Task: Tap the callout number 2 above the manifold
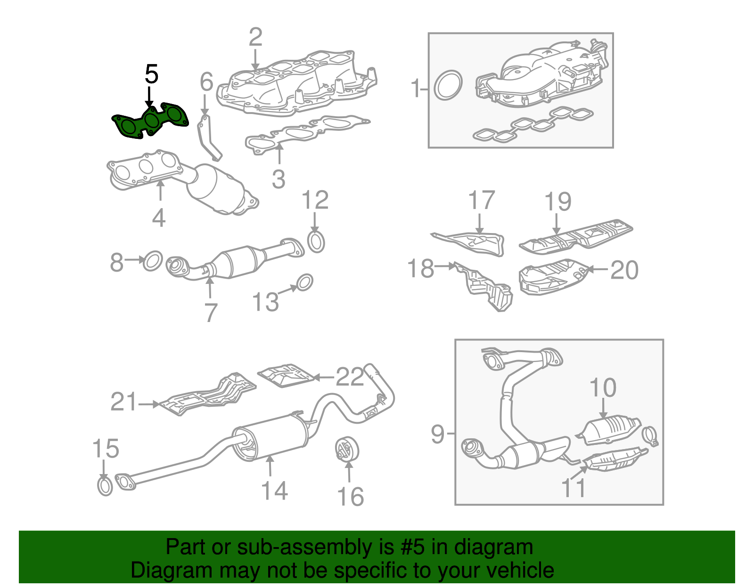tap(255, 37)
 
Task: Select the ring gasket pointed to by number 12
tap(316, 242)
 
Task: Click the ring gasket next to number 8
tap(152, 260)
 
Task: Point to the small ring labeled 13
tap(304, 282)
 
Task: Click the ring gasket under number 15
tap(105, 486)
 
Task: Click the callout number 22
tap(350, 377)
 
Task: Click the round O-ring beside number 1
tap(447, 85)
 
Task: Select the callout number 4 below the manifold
tap(159, 218)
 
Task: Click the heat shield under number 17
tap(474, 242)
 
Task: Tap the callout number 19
tap(557, 201)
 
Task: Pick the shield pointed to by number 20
tap(551, 278)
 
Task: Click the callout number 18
tap(420, 269)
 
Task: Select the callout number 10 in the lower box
tap(603, 388)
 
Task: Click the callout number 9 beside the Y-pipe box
tap(437, 434)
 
